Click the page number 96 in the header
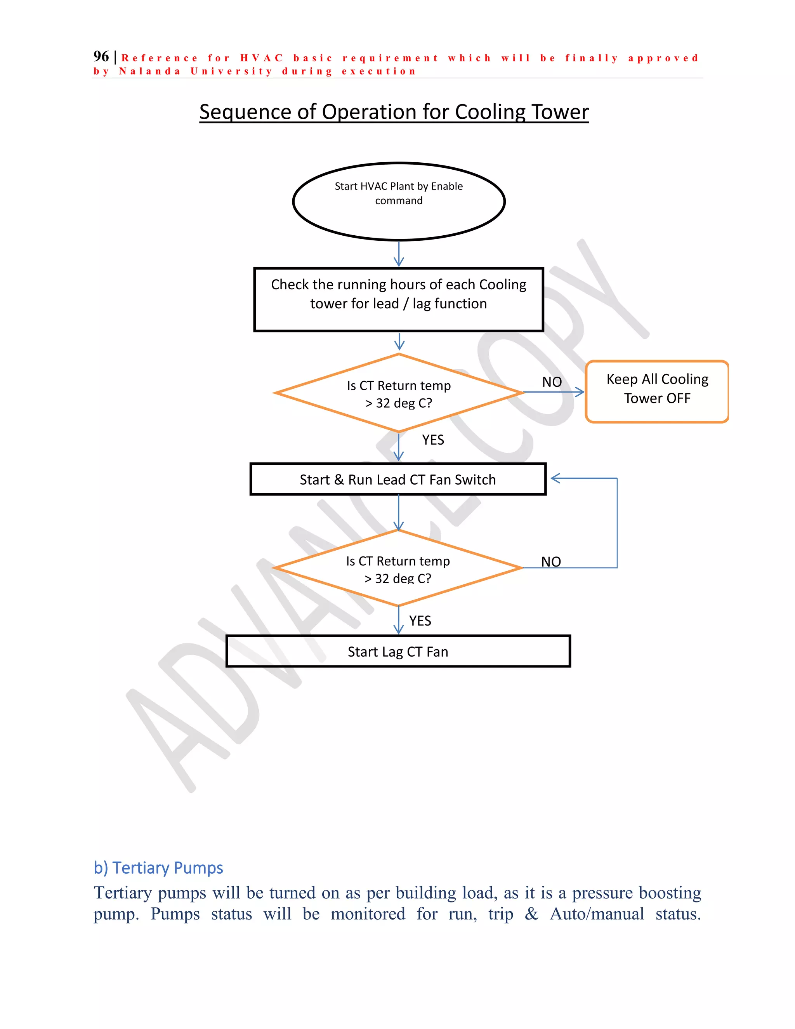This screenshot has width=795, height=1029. click(x=101, y=57)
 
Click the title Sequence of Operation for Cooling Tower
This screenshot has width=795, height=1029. click(x=394, y=112)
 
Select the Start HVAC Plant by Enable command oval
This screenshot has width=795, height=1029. click(x=398, y=201)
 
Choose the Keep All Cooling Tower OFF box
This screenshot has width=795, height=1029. click(x=657, y=391)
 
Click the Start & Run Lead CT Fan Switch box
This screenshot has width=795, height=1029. click(x=398, y=479)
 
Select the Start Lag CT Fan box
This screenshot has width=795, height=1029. click(x=398, y=651)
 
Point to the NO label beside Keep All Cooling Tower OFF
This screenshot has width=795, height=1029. click(x=552, y=382)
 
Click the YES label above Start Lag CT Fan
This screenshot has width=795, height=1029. click(x=420, y=621)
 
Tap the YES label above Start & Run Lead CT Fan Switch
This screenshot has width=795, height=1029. click(x=433, y=440)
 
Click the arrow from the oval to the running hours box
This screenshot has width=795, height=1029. click(x=399, y=254)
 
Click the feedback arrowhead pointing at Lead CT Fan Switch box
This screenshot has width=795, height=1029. click(x=555, y=478)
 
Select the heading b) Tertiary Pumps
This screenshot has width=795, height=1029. click(x=158, y=867)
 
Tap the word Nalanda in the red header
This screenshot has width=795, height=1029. click(x=150, y=71)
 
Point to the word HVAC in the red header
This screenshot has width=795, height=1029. click(x=261, y=58)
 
